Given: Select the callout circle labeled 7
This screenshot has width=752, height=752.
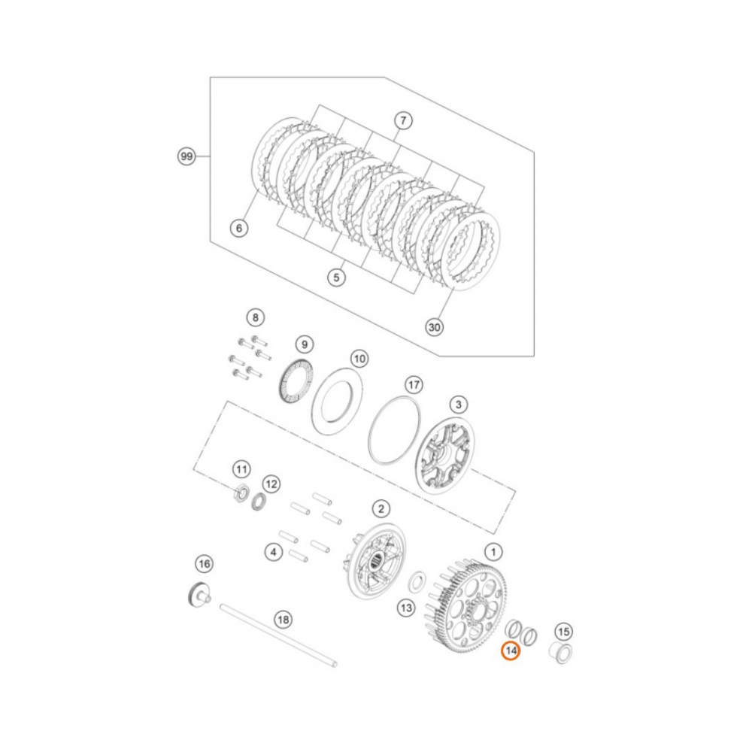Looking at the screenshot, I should pos(403,120).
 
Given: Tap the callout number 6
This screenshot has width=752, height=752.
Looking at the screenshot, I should pos(238,227).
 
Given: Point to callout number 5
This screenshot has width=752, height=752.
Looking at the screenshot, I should pos(336,277).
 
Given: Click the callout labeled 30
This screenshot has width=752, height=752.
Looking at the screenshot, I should pos(434,327).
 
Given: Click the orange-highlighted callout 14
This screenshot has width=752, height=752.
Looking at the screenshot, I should pos(511,650).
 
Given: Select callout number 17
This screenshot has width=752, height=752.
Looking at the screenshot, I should pos(413,384).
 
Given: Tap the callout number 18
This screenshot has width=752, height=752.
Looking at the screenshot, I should pos(282,620).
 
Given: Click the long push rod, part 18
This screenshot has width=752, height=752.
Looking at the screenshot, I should pos(278,636).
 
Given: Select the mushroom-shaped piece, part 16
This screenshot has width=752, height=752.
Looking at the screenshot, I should pos(197,594).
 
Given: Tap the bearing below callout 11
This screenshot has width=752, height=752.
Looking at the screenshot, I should pos(241,493).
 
